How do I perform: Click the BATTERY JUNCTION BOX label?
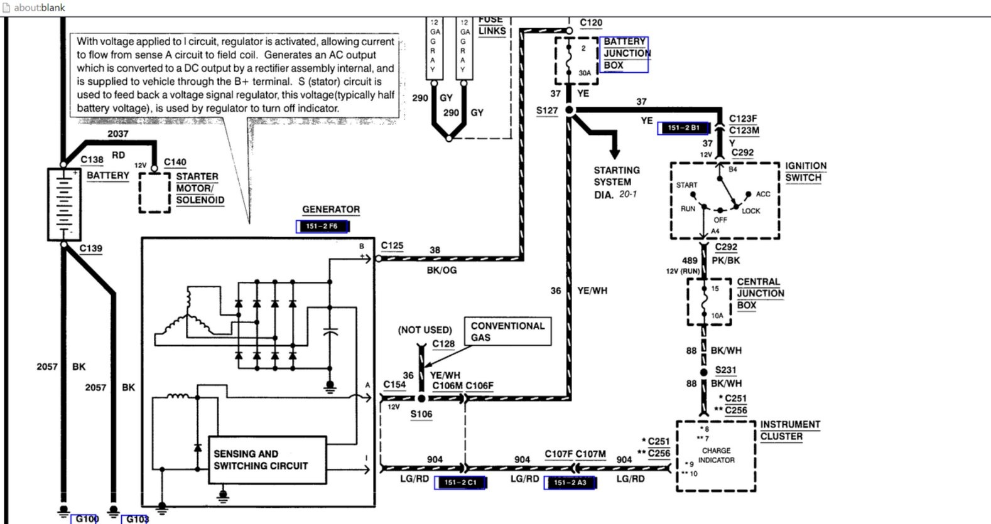[625, 54]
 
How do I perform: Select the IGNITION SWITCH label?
[805, 171]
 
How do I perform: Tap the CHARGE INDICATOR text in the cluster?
[716, 455]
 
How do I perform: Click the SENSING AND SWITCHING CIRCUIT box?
[267, 460]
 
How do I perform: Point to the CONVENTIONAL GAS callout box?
[507, 331]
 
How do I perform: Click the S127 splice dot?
[570, 110]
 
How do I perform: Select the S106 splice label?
[421, 414]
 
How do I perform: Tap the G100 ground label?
[86, 518]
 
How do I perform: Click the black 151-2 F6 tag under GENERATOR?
[322, 227]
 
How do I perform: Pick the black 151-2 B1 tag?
[683, 128]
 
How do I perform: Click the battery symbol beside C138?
[63, 204]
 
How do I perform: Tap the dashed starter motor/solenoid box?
[154, 193]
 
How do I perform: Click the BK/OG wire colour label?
[441, 270]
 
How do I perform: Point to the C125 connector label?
[392, 246]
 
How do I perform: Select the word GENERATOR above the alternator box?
[330, 210]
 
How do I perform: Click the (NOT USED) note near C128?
[425, 329]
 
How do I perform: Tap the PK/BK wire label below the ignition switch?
[725, 260]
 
